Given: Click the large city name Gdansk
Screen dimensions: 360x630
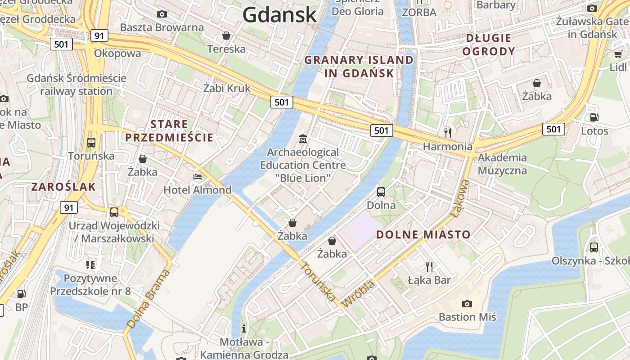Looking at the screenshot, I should tap(279, 15).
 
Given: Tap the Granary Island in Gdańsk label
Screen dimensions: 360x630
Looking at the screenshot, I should tap(359, 67).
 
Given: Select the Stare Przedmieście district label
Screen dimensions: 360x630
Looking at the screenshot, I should tap(169, 131).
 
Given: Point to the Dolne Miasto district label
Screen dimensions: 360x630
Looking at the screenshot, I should tap(423, 234).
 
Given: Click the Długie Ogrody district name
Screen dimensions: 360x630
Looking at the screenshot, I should tap(488, 45).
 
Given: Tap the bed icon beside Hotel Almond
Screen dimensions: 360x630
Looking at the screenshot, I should tap(198, 177).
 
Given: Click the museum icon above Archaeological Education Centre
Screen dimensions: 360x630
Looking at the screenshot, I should tap(303, 139).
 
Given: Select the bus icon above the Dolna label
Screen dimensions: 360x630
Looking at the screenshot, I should tap(381, 192).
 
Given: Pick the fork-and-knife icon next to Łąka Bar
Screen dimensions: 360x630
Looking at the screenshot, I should tap(429, 267).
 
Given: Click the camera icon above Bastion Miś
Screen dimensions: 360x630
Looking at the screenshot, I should tap(467, 304).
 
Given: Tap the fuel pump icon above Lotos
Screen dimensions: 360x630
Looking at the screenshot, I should tap(594, 117).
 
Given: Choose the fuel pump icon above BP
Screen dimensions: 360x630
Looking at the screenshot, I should tap(21, 294).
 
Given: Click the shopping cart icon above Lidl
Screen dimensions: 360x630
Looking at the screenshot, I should tap(618, 54).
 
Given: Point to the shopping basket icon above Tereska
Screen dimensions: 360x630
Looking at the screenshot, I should tap(226, 35).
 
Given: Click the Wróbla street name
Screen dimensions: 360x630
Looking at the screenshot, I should tap(358, 294).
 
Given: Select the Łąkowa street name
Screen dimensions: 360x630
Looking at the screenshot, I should tap(461, 198).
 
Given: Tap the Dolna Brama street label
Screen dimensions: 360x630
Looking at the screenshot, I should tap(149, 298).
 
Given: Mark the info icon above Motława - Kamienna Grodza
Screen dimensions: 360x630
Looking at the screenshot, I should tap(244, 328).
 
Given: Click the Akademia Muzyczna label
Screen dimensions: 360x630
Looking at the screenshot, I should tap(502, 164).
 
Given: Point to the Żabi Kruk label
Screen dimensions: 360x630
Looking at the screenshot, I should tap(227, 88).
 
